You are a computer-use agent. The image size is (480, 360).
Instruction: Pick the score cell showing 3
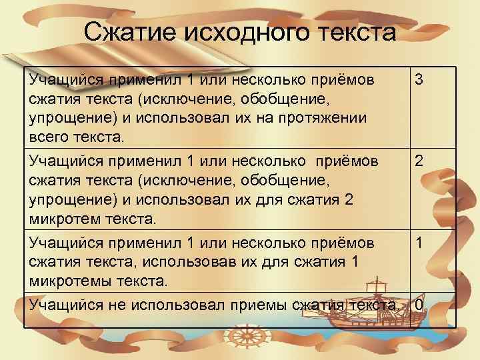click(419, 79)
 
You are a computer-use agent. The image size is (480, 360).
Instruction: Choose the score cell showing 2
click(419, 161)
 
